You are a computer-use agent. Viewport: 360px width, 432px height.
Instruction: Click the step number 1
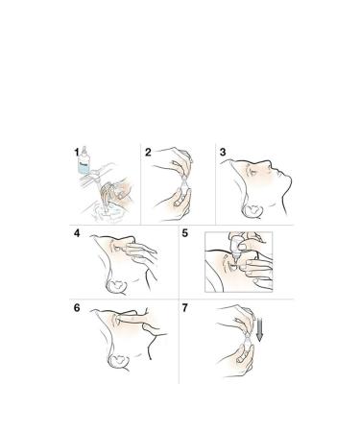point(76,152)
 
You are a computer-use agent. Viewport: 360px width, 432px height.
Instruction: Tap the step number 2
point(148,153)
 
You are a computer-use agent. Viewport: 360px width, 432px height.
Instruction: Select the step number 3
point(223,152)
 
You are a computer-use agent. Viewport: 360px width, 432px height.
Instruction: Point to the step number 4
point(77,233)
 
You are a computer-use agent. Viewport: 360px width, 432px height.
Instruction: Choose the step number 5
point(185,233)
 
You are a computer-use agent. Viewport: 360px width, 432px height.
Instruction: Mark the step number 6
point(77,308)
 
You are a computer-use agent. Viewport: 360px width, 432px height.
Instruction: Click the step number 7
point(185,308)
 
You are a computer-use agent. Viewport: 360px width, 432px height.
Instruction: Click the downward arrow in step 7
point(259,329)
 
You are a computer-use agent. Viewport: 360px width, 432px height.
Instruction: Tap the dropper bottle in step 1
point(84,160)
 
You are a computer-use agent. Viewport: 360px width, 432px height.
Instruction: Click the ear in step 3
point(252,211)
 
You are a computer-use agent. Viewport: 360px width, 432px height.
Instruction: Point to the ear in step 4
point(116,286)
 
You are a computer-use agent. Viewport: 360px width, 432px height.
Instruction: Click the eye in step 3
point(253,172)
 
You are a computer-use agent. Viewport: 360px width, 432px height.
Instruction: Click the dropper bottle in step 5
point(236,248)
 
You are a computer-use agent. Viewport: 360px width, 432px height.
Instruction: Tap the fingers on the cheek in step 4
point(140,252)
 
